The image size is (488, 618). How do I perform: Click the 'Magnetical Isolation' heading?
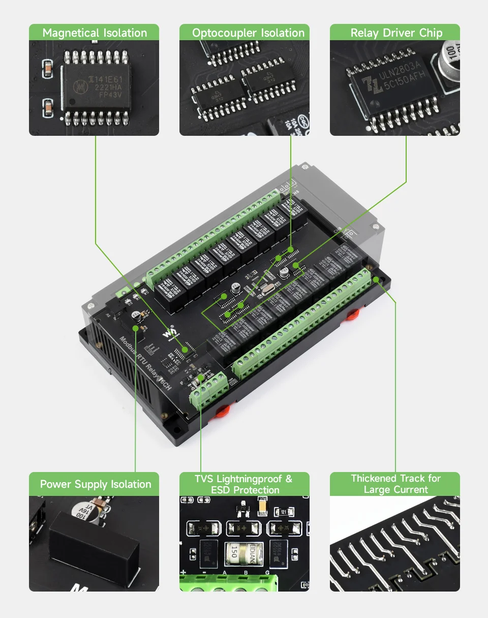(x=94, y=33)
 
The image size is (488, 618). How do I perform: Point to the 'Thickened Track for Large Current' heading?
(x=395, y=484)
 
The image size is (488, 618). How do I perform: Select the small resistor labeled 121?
(x=284, y=512)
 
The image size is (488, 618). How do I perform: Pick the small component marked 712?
(x=243, y=507)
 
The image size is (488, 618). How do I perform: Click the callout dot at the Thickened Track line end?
(x=376, y=280)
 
